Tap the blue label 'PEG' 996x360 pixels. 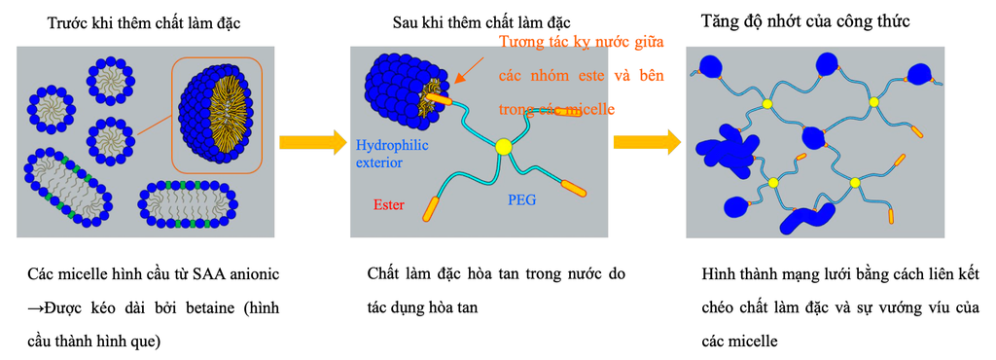(x=522, y=201)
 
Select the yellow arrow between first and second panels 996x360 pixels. (x=312, y=143)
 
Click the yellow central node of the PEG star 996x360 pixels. (x=503, y=147)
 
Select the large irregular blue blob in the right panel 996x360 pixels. (x=725, y=149)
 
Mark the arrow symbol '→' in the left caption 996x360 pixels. (x=34, y=308)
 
